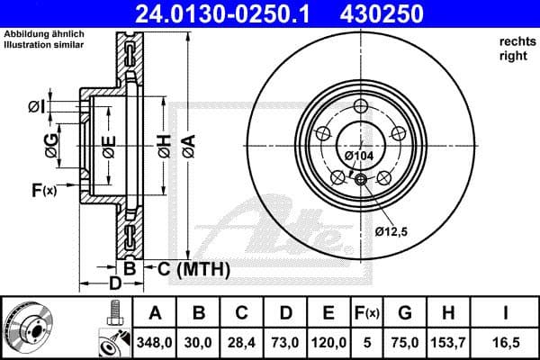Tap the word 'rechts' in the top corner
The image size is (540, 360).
click(515, 42)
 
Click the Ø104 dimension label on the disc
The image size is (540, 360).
click(358, 156)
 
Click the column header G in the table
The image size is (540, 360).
click(405, 312)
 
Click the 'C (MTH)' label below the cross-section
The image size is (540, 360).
click(194, 269)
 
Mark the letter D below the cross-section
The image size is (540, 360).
click(113, 285)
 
